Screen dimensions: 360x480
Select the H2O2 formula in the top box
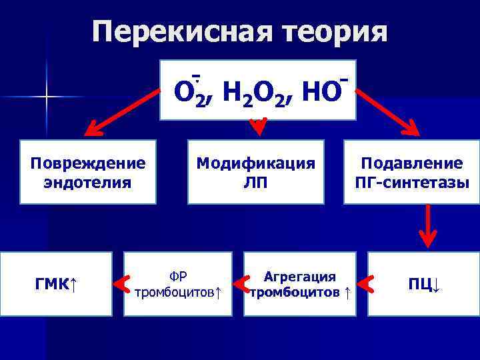tap(257, 93)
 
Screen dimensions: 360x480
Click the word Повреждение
tap(88, 163)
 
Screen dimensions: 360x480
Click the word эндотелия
tap(88, 182)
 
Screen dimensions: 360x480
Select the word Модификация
tap(255, 163)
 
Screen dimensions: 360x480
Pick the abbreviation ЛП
tap(255, 182)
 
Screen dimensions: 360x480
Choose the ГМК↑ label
tap(56, 285)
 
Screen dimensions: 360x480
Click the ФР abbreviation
tap(178, 275)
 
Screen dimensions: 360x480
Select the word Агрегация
tap(300, 275)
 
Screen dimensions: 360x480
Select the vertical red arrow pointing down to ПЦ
tap(427, 227)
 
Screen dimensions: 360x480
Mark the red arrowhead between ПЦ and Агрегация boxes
tap(367, 285)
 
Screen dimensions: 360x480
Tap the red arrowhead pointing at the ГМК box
tap(122, 285)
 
